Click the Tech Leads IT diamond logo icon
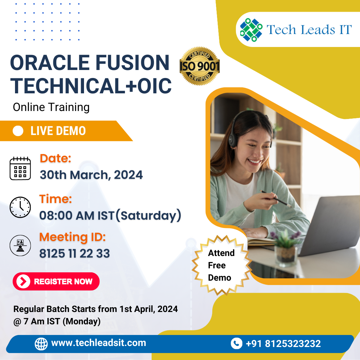(x=251, y=30)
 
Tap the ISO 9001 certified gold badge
(x=200, y=66)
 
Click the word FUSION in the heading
(x=132, y=62)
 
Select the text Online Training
(x=51, y=107)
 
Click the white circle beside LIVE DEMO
(x=18, y=131)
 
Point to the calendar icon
(x=20, y=168)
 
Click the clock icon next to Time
(x=20, y=207)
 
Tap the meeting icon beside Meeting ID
(x=20, y=245)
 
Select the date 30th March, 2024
(x=91, y=175)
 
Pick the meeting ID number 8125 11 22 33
(x=75, y=253)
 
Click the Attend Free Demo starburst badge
(x=221, y=265)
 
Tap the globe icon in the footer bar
(x=41, y=344)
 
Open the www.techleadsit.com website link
(x=99, y=343)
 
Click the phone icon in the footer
(x=236, y=343)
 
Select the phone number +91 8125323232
(x=283, y=344)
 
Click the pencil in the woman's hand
(x=276, y=198)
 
